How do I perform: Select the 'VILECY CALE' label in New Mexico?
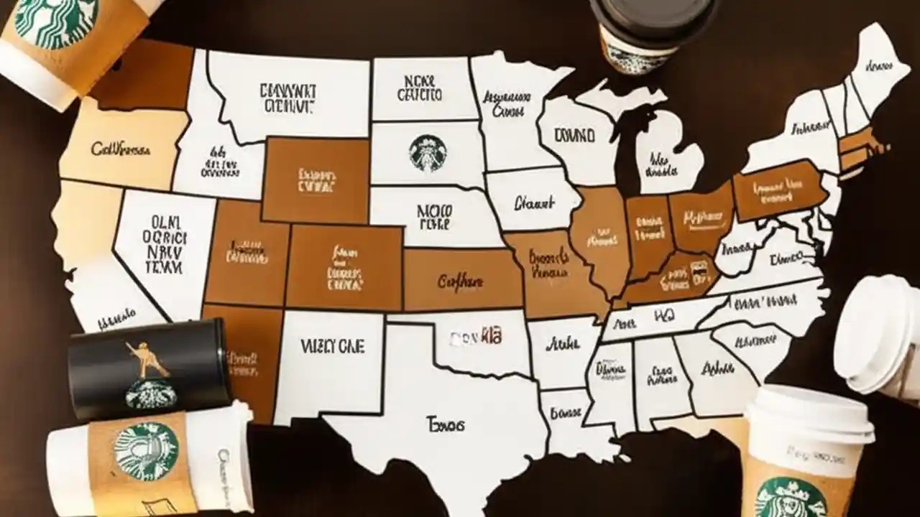click(332, 347)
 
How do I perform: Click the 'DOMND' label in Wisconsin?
click(574, 135)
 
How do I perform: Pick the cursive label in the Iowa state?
click(535, 203)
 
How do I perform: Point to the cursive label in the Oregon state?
click(121, 149)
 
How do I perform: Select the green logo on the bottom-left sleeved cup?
click(145, 452)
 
